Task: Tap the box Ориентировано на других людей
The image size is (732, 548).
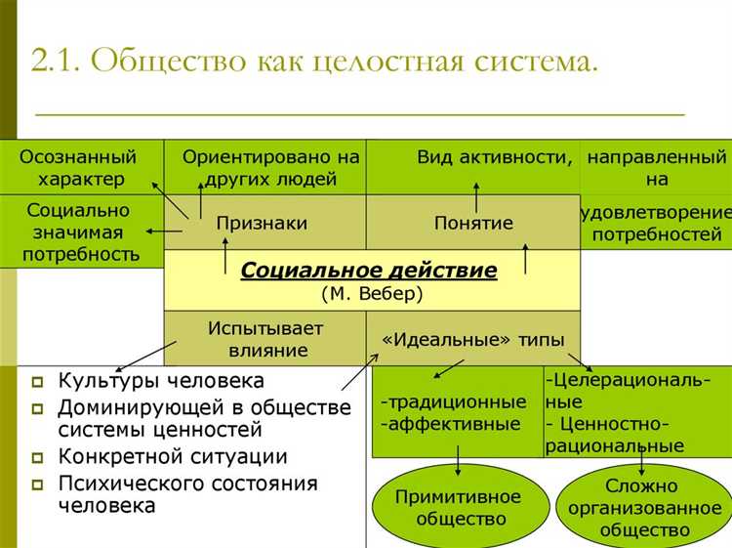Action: tap(270, 167)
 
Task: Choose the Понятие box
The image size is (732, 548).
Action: tap(473, 223)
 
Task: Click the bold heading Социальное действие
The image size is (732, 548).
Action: tap(369, 270)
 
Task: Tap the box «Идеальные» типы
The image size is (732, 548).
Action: tap(473, 339)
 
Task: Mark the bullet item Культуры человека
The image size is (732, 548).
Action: tap(161, 380)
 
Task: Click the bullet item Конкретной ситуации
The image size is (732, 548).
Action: tap(173, 456)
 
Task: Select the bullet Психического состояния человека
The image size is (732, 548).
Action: tap(187, 493)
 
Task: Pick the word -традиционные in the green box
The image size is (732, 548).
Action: tap(454, 402)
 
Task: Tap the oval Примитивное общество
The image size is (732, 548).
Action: tap(458, 508)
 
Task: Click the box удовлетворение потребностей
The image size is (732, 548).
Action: tap(657, 223)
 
